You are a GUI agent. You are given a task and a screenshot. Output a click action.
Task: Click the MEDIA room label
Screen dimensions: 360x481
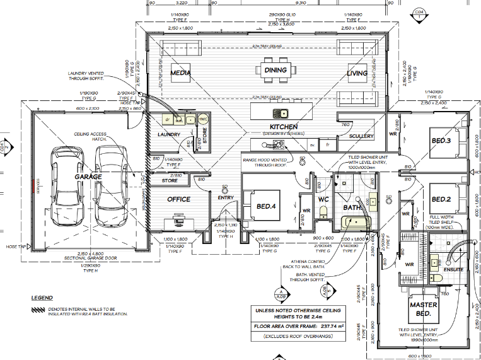click(x=180, y=74)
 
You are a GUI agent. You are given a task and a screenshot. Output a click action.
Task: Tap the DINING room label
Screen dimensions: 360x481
click(x=275, y=70)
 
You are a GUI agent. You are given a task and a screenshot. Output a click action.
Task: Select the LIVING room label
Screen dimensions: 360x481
click(x=357, y=74)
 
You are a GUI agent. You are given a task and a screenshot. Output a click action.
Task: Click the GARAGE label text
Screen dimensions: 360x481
click(x=88, y=177)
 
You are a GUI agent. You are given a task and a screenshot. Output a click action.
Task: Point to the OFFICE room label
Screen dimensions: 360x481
click(x=179, y=199)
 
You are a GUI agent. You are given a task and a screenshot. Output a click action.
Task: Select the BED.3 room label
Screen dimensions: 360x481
click(x=440, y=140)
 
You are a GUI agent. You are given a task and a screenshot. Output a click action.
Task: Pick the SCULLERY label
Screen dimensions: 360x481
click(x=361, y=136)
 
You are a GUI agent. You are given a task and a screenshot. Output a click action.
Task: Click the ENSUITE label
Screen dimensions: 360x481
click(x=454, y=270)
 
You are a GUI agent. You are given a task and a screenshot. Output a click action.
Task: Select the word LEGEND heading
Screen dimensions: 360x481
click(x=42, y=298)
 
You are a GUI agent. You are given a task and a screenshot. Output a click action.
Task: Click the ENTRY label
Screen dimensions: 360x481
click(x=226, y=198)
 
